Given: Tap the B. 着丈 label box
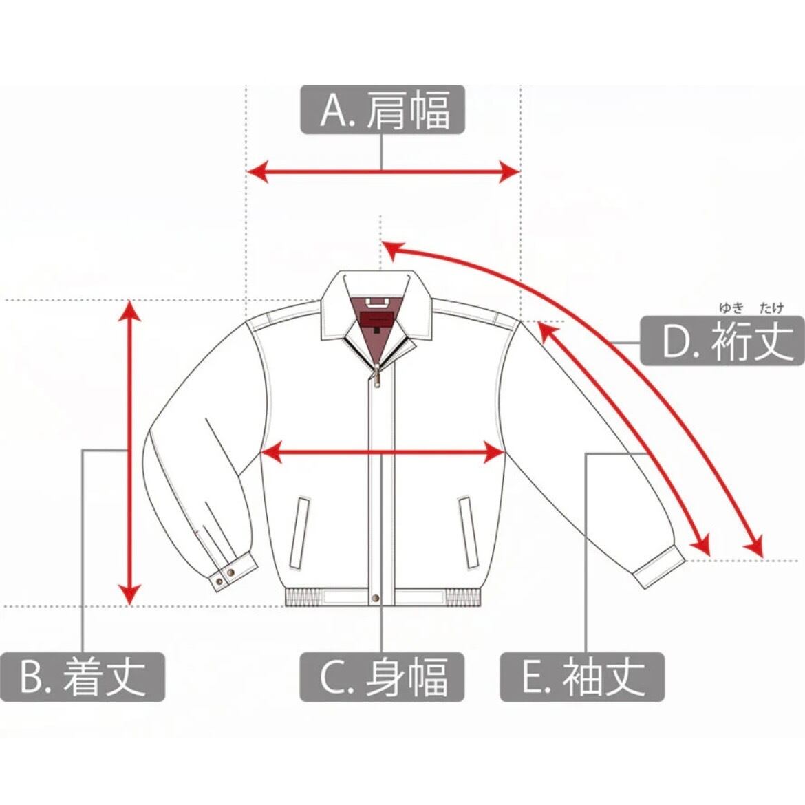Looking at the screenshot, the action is (83, 676).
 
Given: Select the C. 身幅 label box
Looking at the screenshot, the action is (383, 676).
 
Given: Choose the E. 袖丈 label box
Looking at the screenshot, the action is (582, 676).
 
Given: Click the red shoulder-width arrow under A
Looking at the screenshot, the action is (383, 171).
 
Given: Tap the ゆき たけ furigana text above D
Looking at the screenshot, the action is (752, 308).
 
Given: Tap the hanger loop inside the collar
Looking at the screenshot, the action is (376, 301).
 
